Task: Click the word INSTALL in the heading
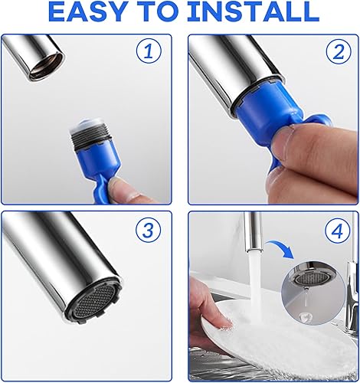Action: click(x=253, y=12)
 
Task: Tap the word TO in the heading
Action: click(x=157, y=12)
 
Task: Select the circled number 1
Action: click(x=149, y=52)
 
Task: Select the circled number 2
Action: click(x=339, y=52)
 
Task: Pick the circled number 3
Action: click(x=149, y=229)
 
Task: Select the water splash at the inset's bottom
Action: click(x=306, y=318)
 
